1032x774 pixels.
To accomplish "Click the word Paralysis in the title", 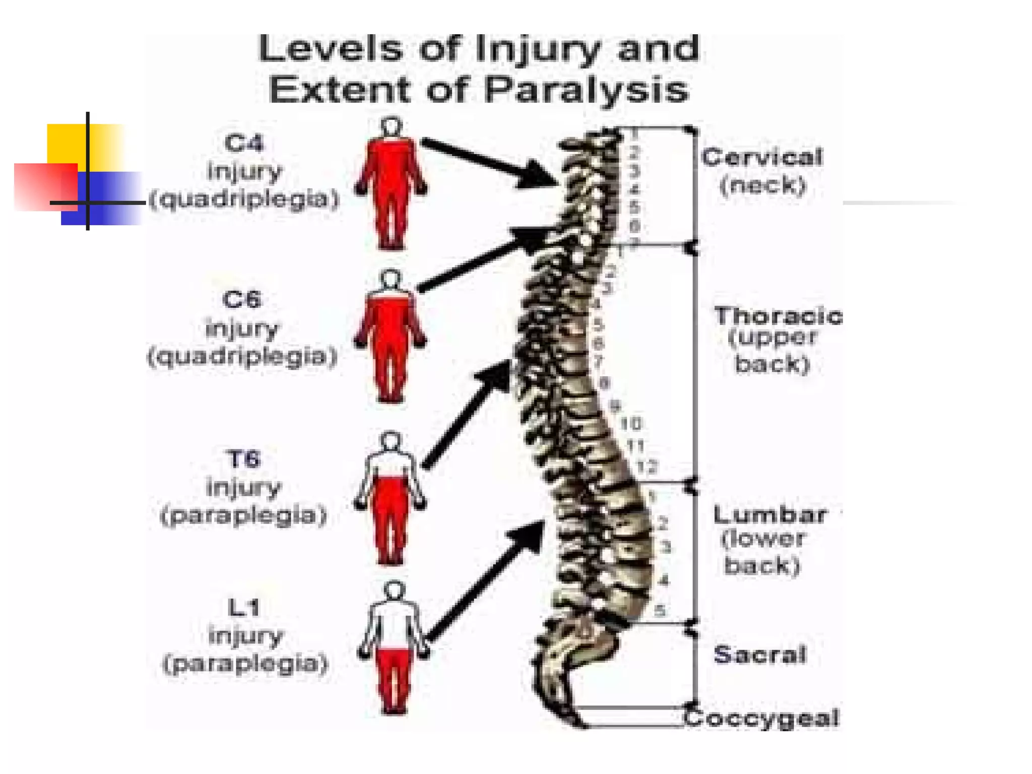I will click(x=586, y=91).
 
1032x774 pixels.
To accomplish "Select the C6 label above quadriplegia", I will click(x=242, y=300).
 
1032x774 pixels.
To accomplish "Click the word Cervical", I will click(x=762, y=158).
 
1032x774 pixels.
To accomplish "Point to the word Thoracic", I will click(x=778, y=316).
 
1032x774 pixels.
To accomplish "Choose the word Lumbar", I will click(x=769, y=514).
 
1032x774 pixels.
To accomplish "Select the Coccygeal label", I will click(x=762, y=718).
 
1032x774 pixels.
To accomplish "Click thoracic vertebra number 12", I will click(x=647, y=467).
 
